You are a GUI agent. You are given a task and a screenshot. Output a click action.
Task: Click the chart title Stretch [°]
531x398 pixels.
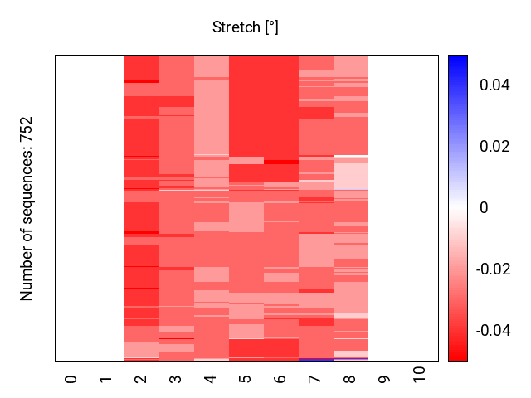click(246, 27)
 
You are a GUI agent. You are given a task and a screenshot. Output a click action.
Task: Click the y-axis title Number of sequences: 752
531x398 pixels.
click(27, 208)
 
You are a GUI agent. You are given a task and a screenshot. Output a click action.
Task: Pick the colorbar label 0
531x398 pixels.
click(484, 208)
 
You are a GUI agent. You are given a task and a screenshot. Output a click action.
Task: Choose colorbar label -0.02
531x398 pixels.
click(492, 269)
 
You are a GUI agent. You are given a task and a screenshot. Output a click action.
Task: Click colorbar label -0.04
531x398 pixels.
click(492, 331)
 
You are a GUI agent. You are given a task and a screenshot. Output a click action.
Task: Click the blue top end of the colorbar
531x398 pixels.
click(458, 59)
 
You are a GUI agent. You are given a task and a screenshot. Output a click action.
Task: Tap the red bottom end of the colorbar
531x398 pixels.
click(458, 357)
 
